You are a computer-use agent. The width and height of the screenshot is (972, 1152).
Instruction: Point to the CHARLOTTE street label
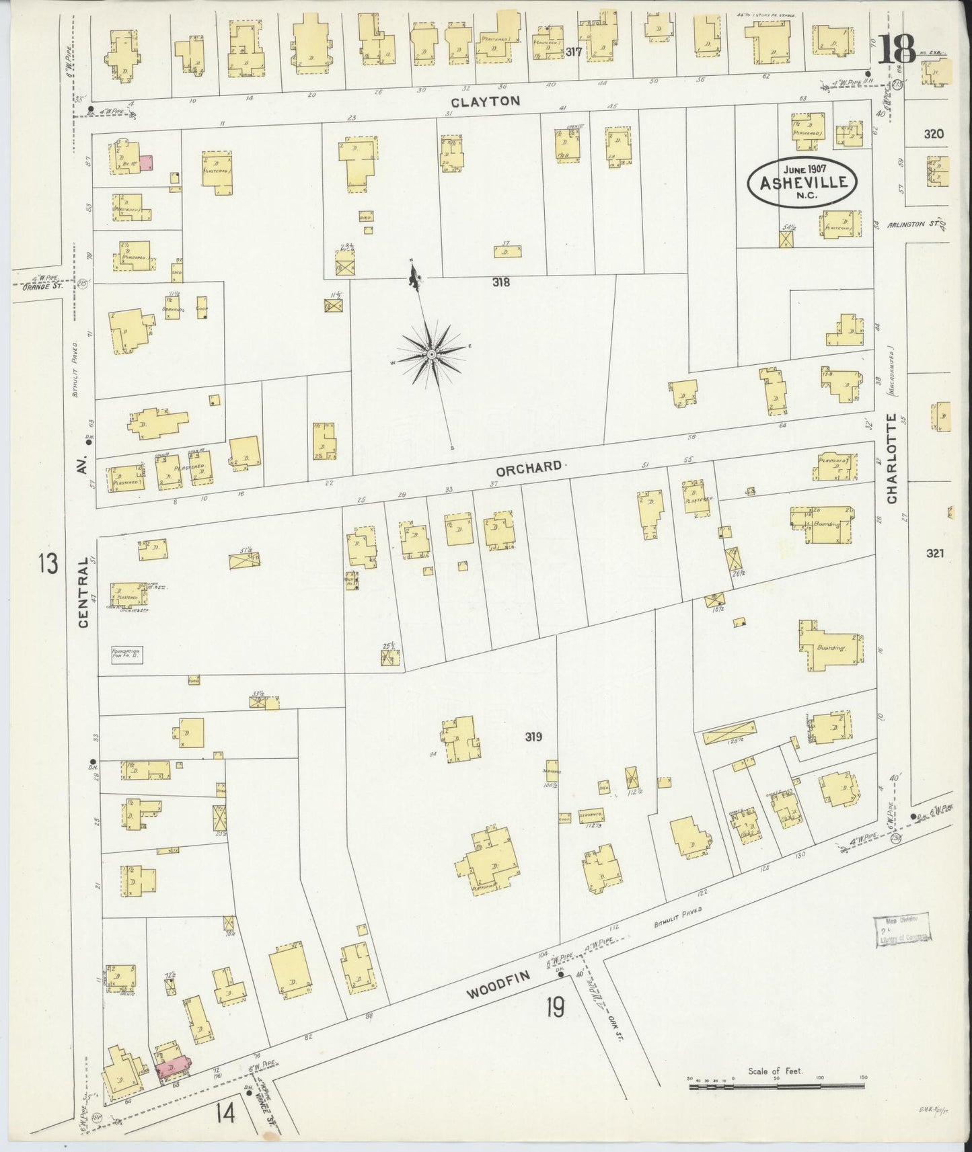[892, 458]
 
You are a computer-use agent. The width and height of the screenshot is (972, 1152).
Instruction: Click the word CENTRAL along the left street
[83, 592]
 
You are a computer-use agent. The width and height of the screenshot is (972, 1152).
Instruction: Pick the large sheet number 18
[897, 48]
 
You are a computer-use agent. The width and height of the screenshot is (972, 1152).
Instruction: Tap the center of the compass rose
[431, 353]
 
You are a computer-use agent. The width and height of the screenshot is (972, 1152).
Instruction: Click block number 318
[500, 282]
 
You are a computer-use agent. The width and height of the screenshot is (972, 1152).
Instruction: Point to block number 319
[533, 737]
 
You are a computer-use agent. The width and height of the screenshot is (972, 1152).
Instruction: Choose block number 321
[936, 553]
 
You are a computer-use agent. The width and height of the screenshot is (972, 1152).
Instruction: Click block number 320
[934, 134]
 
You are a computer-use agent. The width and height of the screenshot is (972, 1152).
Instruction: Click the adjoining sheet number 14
[225, 1114]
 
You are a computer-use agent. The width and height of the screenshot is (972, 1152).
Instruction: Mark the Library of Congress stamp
[903, 931]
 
